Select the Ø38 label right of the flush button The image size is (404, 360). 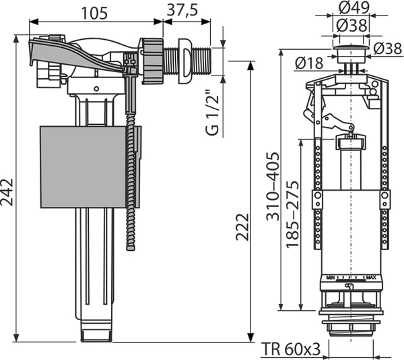387,49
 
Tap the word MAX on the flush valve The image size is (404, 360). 370,276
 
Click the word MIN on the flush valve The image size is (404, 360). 331,276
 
